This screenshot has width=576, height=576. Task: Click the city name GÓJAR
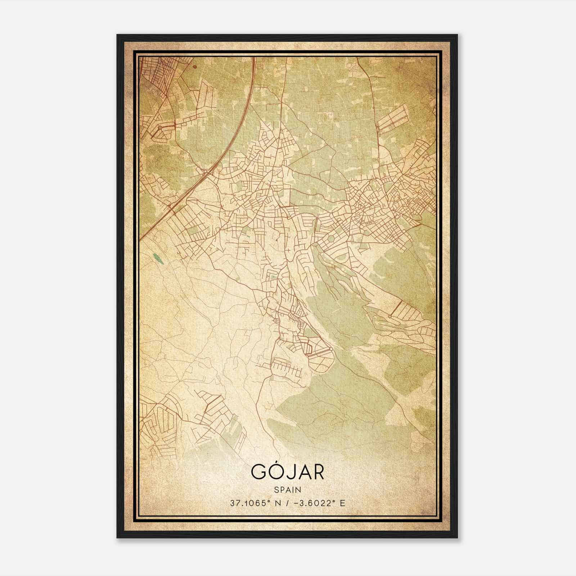click(287, 472)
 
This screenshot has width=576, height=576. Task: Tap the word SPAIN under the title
click(287, 490)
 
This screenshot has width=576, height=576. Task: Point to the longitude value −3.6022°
click(312, 503)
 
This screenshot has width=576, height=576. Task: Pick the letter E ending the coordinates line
click(342, 503)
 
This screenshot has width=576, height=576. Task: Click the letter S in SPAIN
click(276, 490)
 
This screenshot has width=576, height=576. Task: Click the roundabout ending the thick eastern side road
click(390, 316)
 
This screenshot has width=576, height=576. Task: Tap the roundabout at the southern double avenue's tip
click(331, 348)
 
